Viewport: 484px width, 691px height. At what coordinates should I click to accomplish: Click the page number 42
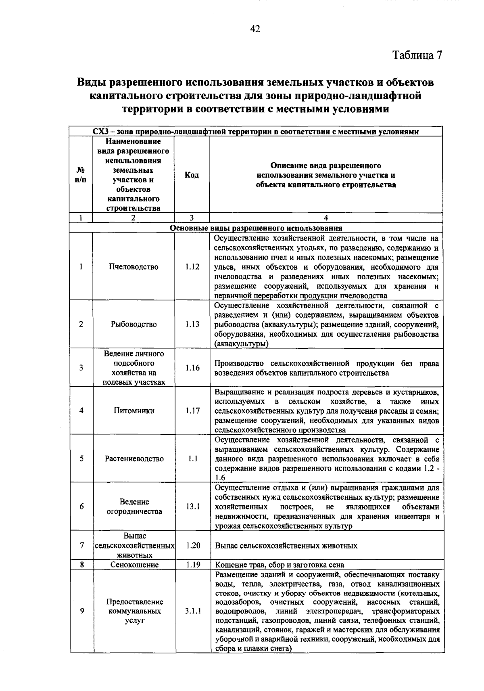pyautogui.click(x=255, y=29)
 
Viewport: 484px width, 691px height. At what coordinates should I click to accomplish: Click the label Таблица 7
pyautogui.click(x=417, y=55)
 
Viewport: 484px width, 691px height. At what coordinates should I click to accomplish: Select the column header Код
pyautogui.click(x=192, y=175)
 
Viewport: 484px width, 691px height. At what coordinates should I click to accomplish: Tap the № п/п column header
pyautogui.click(x=81, y=175)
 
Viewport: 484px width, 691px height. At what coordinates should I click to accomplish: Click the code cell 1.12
pyautogui.click(x=192, y=267)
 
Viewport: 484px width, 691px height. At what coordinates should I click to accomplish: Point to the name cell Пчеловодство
pyautogui.click(x=134, y=267)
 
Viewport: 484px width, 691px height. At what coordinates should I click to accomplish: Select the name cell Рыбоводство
pyautogui.click(x=134, y=325)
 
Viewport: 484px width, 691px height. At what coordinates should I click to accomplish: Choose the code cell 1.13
pyautogui.click(x=192, y=325)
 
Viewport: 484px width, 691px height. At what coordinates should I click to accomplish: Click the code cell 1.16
pyautogui.click(x=192, y=368)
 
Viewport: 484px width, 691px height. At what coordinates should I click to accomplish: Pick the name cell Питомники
pyautogui.click(x=134, y=411)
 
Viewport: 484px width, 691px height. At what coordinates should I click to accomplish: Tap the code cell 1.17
pyautogui.click(x=192, y=411)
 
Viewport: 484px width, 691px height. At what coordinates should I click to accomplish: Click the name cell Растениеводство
pyautogui.click(x=134, y=459)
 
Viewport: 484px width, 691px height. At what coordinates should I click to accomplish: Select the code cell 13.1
pyautogui.click(x=192, y=507)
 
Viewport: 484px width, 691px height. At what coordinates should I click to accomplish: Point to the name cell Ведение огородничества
pyautogui.click(x=134, y=507)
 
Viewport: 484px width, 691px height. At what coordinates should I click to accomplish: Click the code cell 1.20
pyautogui.click(x=193, y=546)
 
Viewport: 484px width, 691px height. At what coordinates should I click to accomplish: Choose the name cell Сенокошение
pyautogui.click(x=134, y=565)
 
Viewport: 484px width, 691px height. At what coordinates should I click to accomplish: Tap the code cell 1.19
pyautogui.click(x=193, y=565)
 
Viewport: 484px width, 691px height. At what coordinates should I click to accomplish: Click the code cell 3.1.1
pyautogui.click(x=193, y=611)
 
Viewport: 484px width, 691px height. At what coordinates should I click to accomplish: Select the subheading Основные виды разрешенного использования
pyautogui.click(x=256, y=228)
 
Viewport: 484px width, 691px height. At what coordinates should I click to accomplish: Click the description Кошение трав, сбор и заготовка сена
pyautogui.click(x=280, y=565)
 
